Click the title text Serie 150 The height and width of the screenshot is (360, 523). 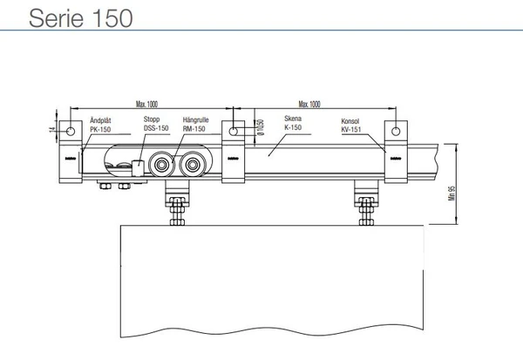tap(69, 18)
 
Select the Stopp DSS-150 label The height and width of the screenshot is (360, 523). tap(157, 126)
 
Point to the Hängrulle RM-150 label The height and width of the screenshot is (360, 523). tap(194, 126)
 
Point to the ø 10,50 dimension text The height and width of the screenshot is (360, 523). tap(259, 127)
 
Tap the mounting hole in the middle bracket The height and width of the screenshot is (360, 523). tap(234, 132)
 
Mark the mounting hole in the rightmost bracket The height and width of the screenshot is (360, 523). tap(397, 132)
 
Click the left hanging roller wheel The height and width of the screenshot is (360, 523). tap(160, 166)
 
